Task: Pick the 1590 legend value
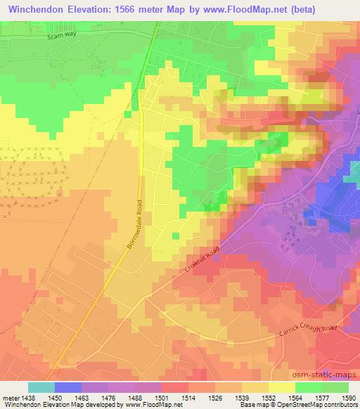(x=348, y=397)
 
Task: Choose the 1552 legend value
(x=269, y=397)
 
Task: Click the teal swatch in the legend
(x=41, y=387)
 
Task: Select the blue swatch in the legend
(x=68, y=387)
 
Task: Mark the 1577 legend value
(x=321, y=397)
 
